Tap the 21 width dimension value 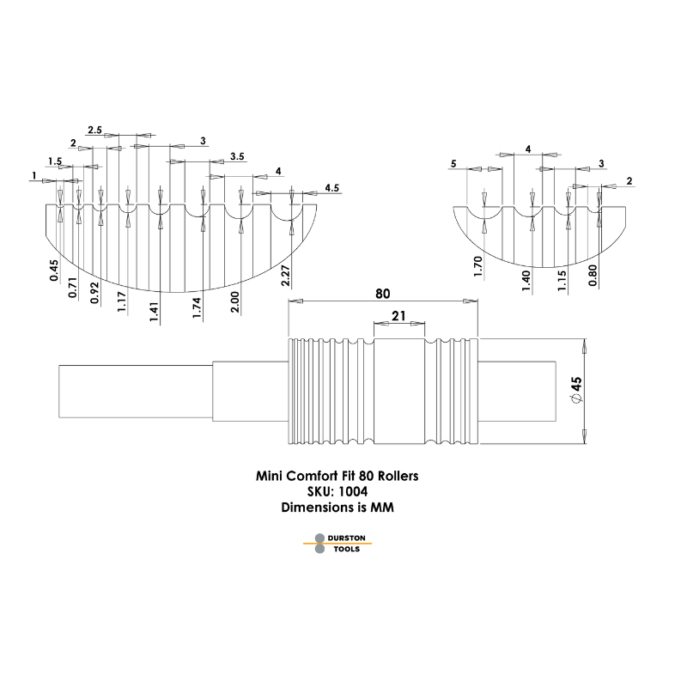(x=398, y=316)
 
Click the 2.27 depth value (x=284, y=275)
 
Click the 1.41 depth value (x=155, y=307)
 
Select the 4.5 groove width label (x=331, y=186)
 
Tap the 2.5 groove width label (x=95, y=130)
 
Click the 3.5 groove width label (x=238, y=156)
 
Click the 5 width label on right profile (x=453, y=163)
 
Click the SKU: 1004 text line (x=337, y=491)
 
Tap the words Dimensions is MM (x=337, y=507)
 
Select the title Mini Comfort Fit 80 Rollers (x=337, y=475)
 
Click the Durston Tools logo (x=336, y=543)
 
